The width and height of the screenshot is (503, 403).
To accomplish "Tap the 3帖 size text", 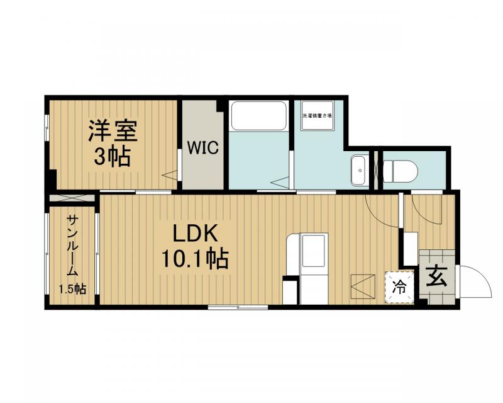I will click(x=113, y=156).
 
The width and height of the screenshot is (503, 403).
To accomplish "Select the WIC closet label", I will click(x=202, y=149).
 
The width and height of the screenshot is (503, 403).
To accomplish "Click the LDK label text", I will click(x=196, y=234).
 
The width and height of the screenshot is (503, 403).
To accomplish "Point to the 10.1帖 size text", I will click(x=196, y=258).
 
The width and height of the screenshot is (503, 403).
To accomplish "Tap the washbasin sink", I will click(x=360, y=169).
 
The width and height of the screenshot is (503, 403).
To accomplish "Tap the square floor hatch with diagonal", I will click(x=363, y=286).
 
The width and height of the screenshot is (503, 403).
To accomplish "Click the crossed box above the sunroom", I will click(x=72, y=198).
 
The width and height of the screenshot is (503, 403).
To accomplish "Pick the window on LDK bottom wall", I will click(x=238, y=307).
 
